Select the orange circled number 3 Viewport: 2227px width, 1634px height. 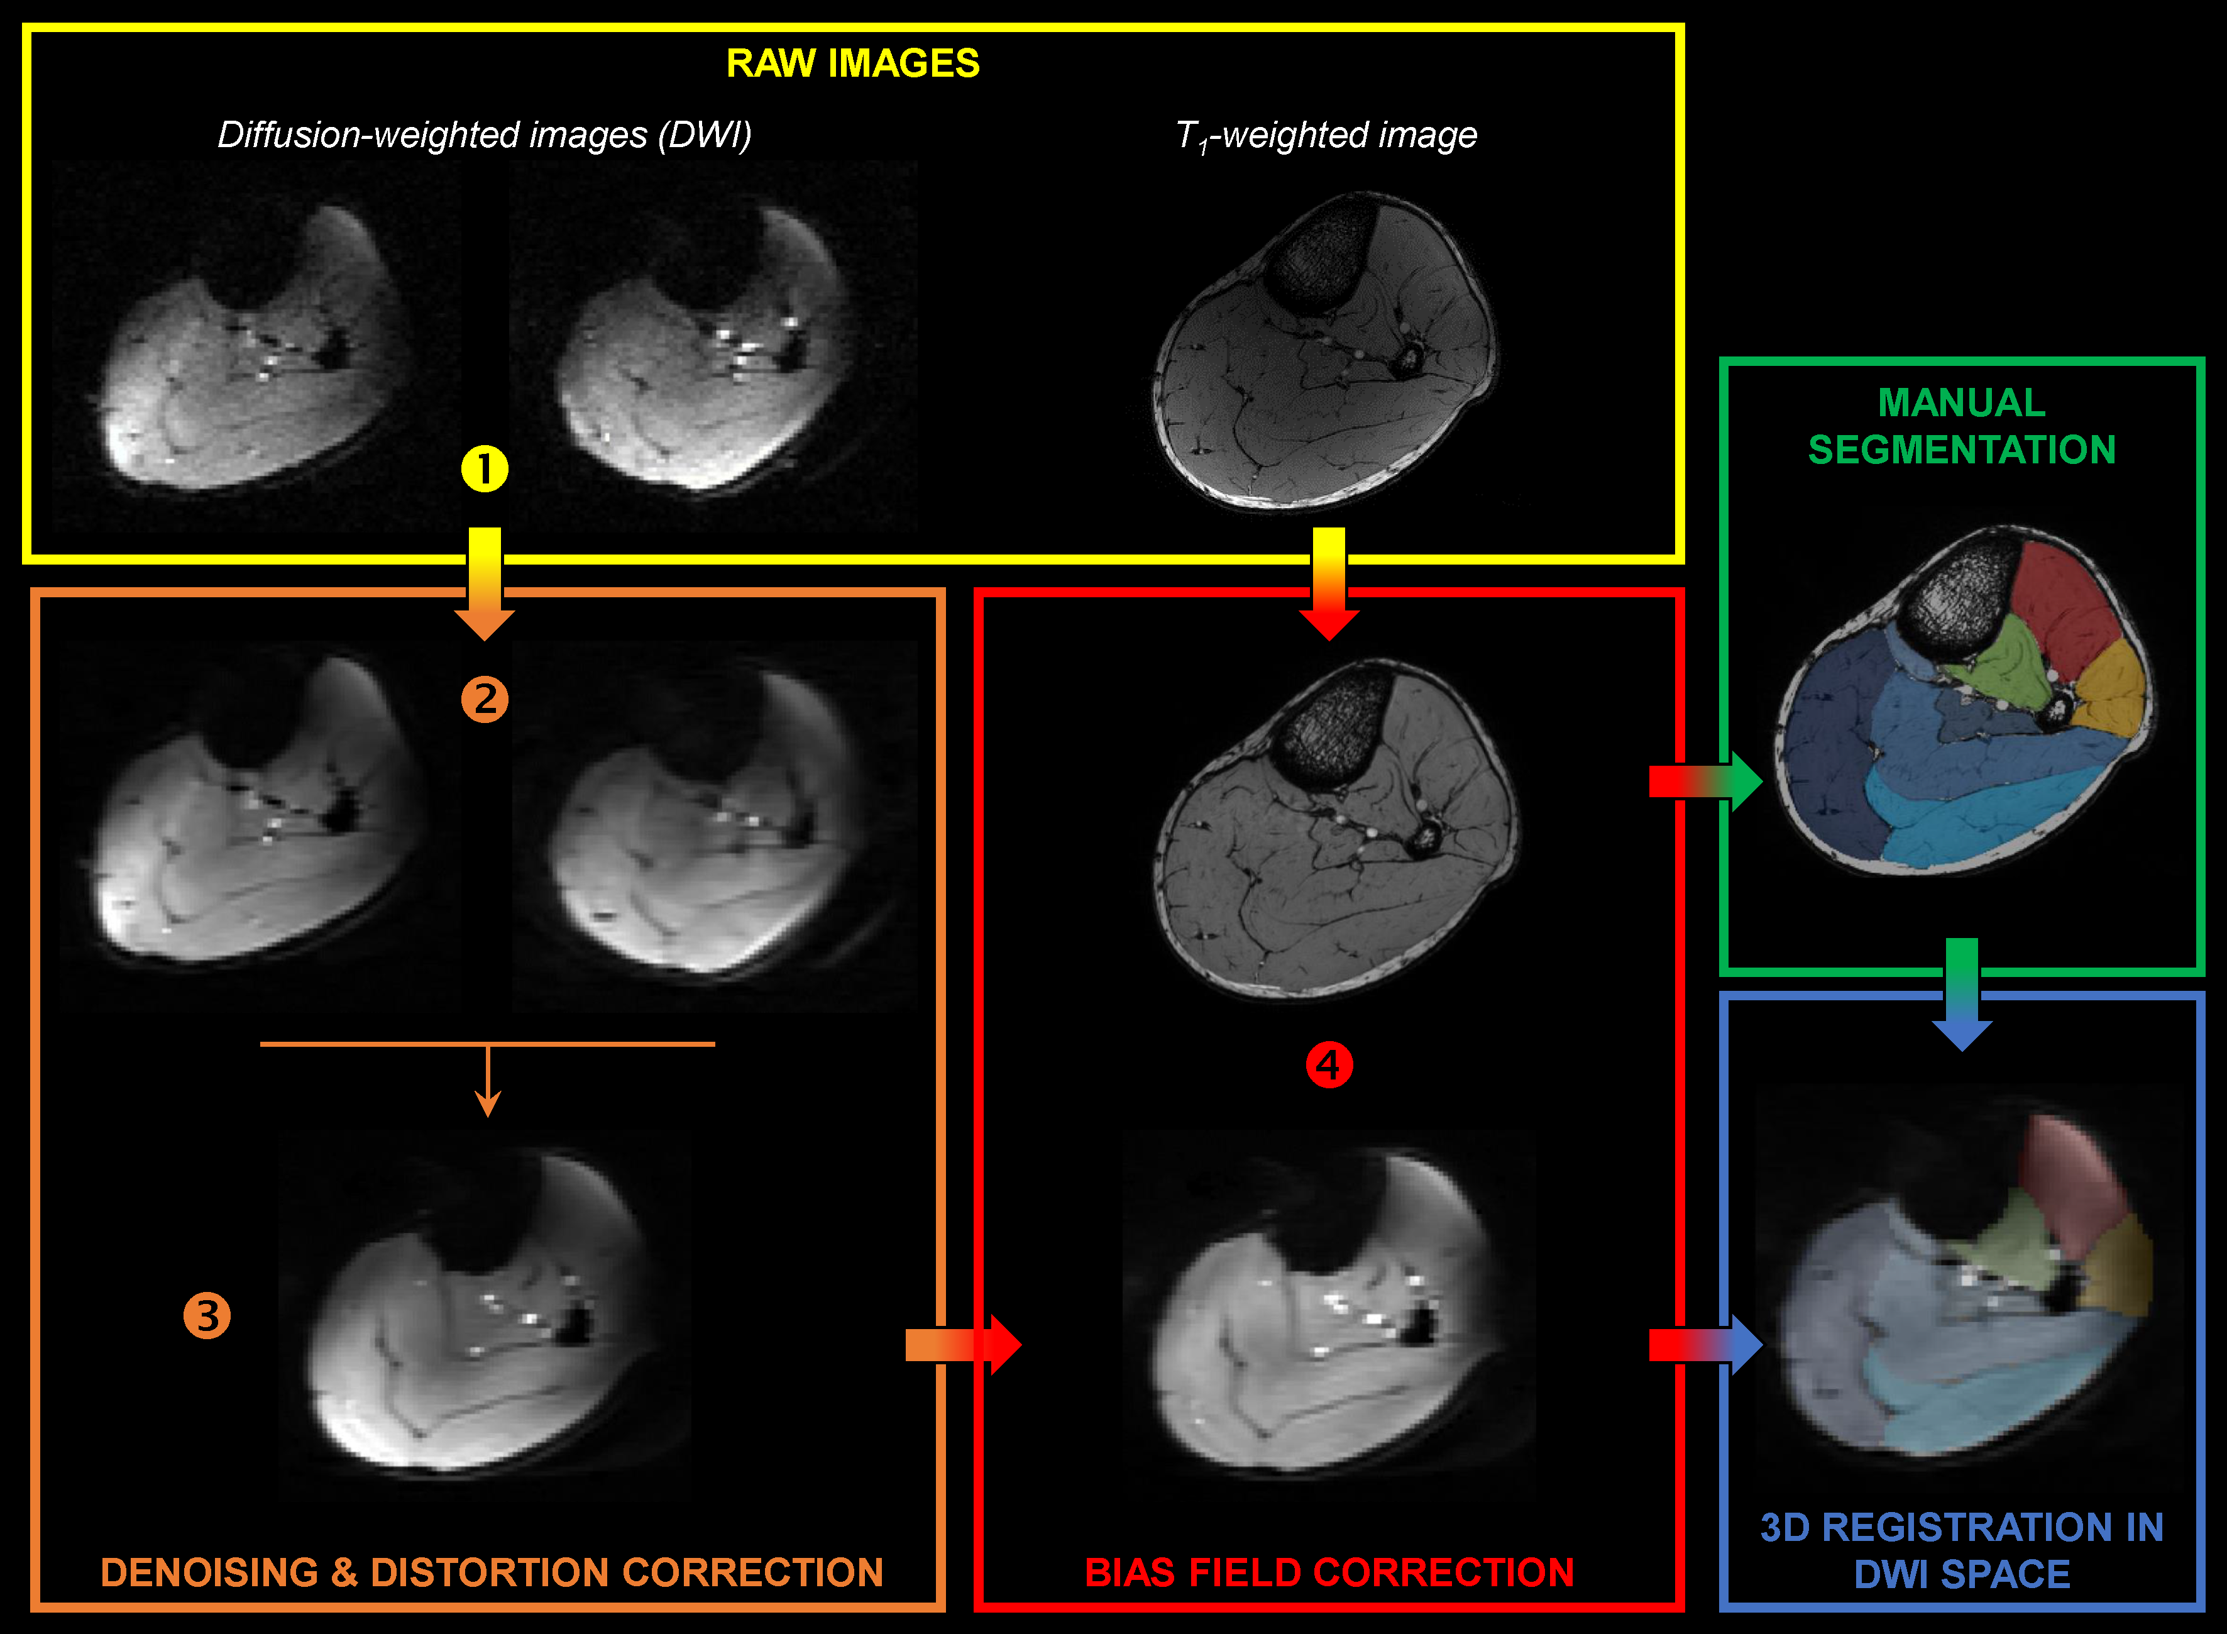pos(207,1315)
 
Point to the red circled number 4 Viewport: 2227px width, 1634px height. pos(1328,1065)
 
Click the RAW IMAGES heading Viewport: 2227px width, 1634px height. pos(852,63)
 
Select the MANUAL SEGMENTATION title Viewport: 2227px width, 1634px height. pos(1962,426)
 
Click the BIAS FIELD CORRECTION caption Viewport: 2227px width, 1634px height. pos(1329,1572)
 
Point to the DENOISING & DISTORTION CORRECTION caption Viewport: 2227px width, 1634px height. pos(492,1572)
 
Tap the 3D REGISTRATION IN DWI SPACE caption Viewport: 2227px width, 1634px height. pos(1962,1550)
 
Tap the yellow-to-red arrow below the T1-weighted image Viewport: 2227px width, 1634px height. pos(1328,583)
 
